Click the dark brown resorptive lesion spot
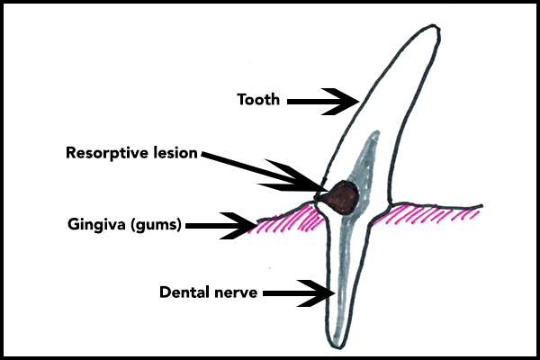pyautogui.click(x=343, y=196)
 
